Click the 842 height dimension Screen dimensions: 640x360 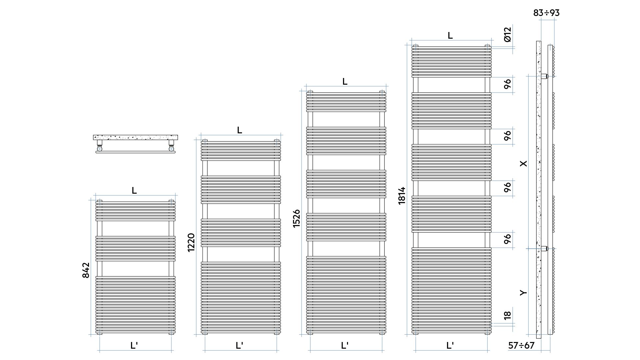[86, 270]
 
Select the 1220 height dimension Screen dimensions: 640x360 [191, 243]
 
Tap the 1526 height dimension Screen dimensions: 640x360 [296, 219]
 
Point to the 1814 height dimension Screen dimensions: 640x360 [402, 196]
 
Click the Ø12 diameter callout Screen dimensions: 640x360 [507, 35]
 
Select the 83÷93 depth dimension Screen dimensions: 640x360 [546, 13]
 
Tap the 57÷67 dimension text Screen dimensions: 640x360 [521, 346]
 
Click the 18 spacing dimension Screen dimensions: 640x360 [507, 315]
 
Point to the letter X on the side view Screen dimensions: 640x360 [524, 163]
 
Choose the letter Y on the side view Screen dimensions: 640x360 [524, 293]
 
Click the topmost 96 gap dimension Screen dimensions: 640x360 [507, 84]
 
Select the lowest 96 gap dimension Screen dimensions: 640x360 [507, 239]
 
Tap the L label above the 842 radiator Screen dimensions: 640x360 [134, 190]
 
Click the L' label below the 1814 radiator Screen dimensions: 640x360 [450, 345]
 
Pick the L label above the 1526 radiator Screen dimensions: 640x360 [345, 81]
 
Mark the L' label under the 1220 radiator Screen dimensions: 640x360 [239, 345]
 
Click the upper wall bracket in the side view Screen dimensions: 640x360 [544, 76]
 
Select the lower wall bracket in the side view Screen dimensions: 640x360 [544, 248]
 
